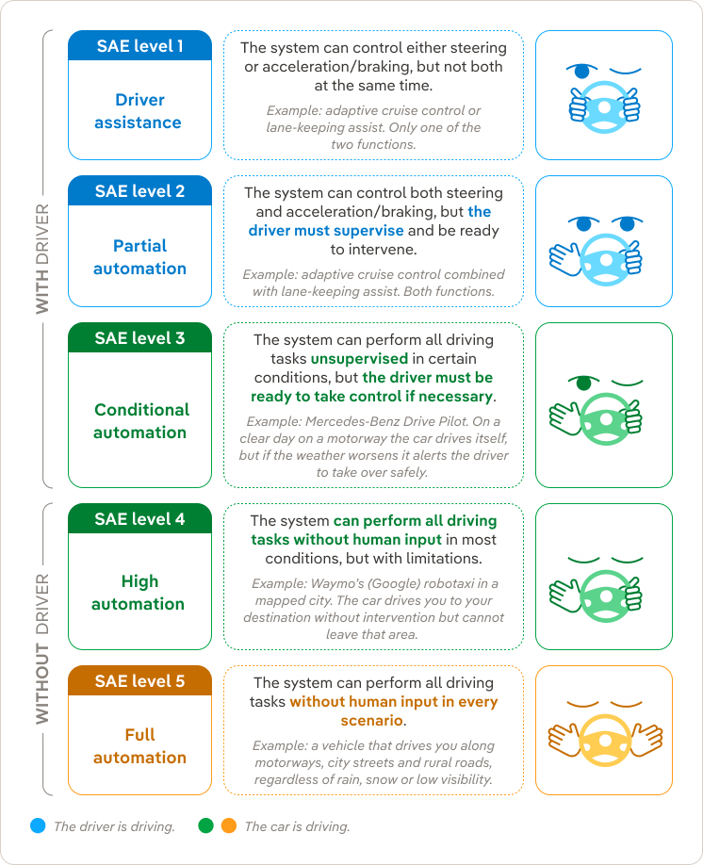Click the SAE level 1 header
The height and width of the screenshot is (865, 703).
click(x=139, y=46)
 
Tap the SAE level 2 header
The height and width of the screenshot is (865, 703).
click(x=139, y=191)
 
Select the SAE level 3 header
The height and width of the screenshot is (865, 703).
click(x=139, y=337)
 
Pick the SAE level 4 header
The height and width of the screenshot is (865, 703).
click(x=139, y=518)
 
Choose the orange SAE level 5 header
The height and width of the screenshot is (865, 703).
click(x=139, y=680)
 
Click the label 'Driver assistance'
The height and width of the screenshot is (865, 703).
click(x=139, y=111)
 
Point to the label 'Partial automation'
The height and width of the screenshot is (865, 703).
click(x=139, y=257)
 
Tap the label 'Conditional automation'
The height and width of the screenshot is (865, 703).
click(x=140, y=421)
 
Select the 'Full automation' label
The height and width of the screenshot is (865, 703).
click(x=139, y=746)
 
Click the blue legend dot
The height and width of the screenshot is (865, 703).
click(x=38, y=825)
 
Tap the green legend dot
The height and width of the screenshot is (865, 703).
click(x=205, y=825)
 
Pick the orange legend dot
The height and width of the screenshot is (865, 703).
click(x=229, y=825)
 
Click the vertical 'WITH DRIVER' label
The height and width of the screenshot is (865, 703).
click(x=42, y=259)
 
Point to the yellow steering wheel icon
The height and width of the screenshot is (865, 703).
click(x=604, y=741)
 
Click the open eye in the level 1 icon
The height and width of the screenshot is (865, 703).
click(x=582, y=72)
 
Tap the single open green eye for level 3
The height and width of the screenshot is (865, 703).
click(x=584, y=383)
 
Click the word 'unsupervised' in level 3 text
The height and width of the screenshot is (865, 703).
click(x=359, y=359)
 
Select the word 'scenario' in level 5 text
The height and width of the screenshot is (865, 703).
click(x=371, y=721)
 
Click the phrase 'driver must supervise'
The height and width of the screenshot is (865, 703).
click(x=325, y=231)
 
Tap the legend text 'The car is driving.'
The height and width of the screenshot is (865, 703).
click(x=297, y=826)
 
